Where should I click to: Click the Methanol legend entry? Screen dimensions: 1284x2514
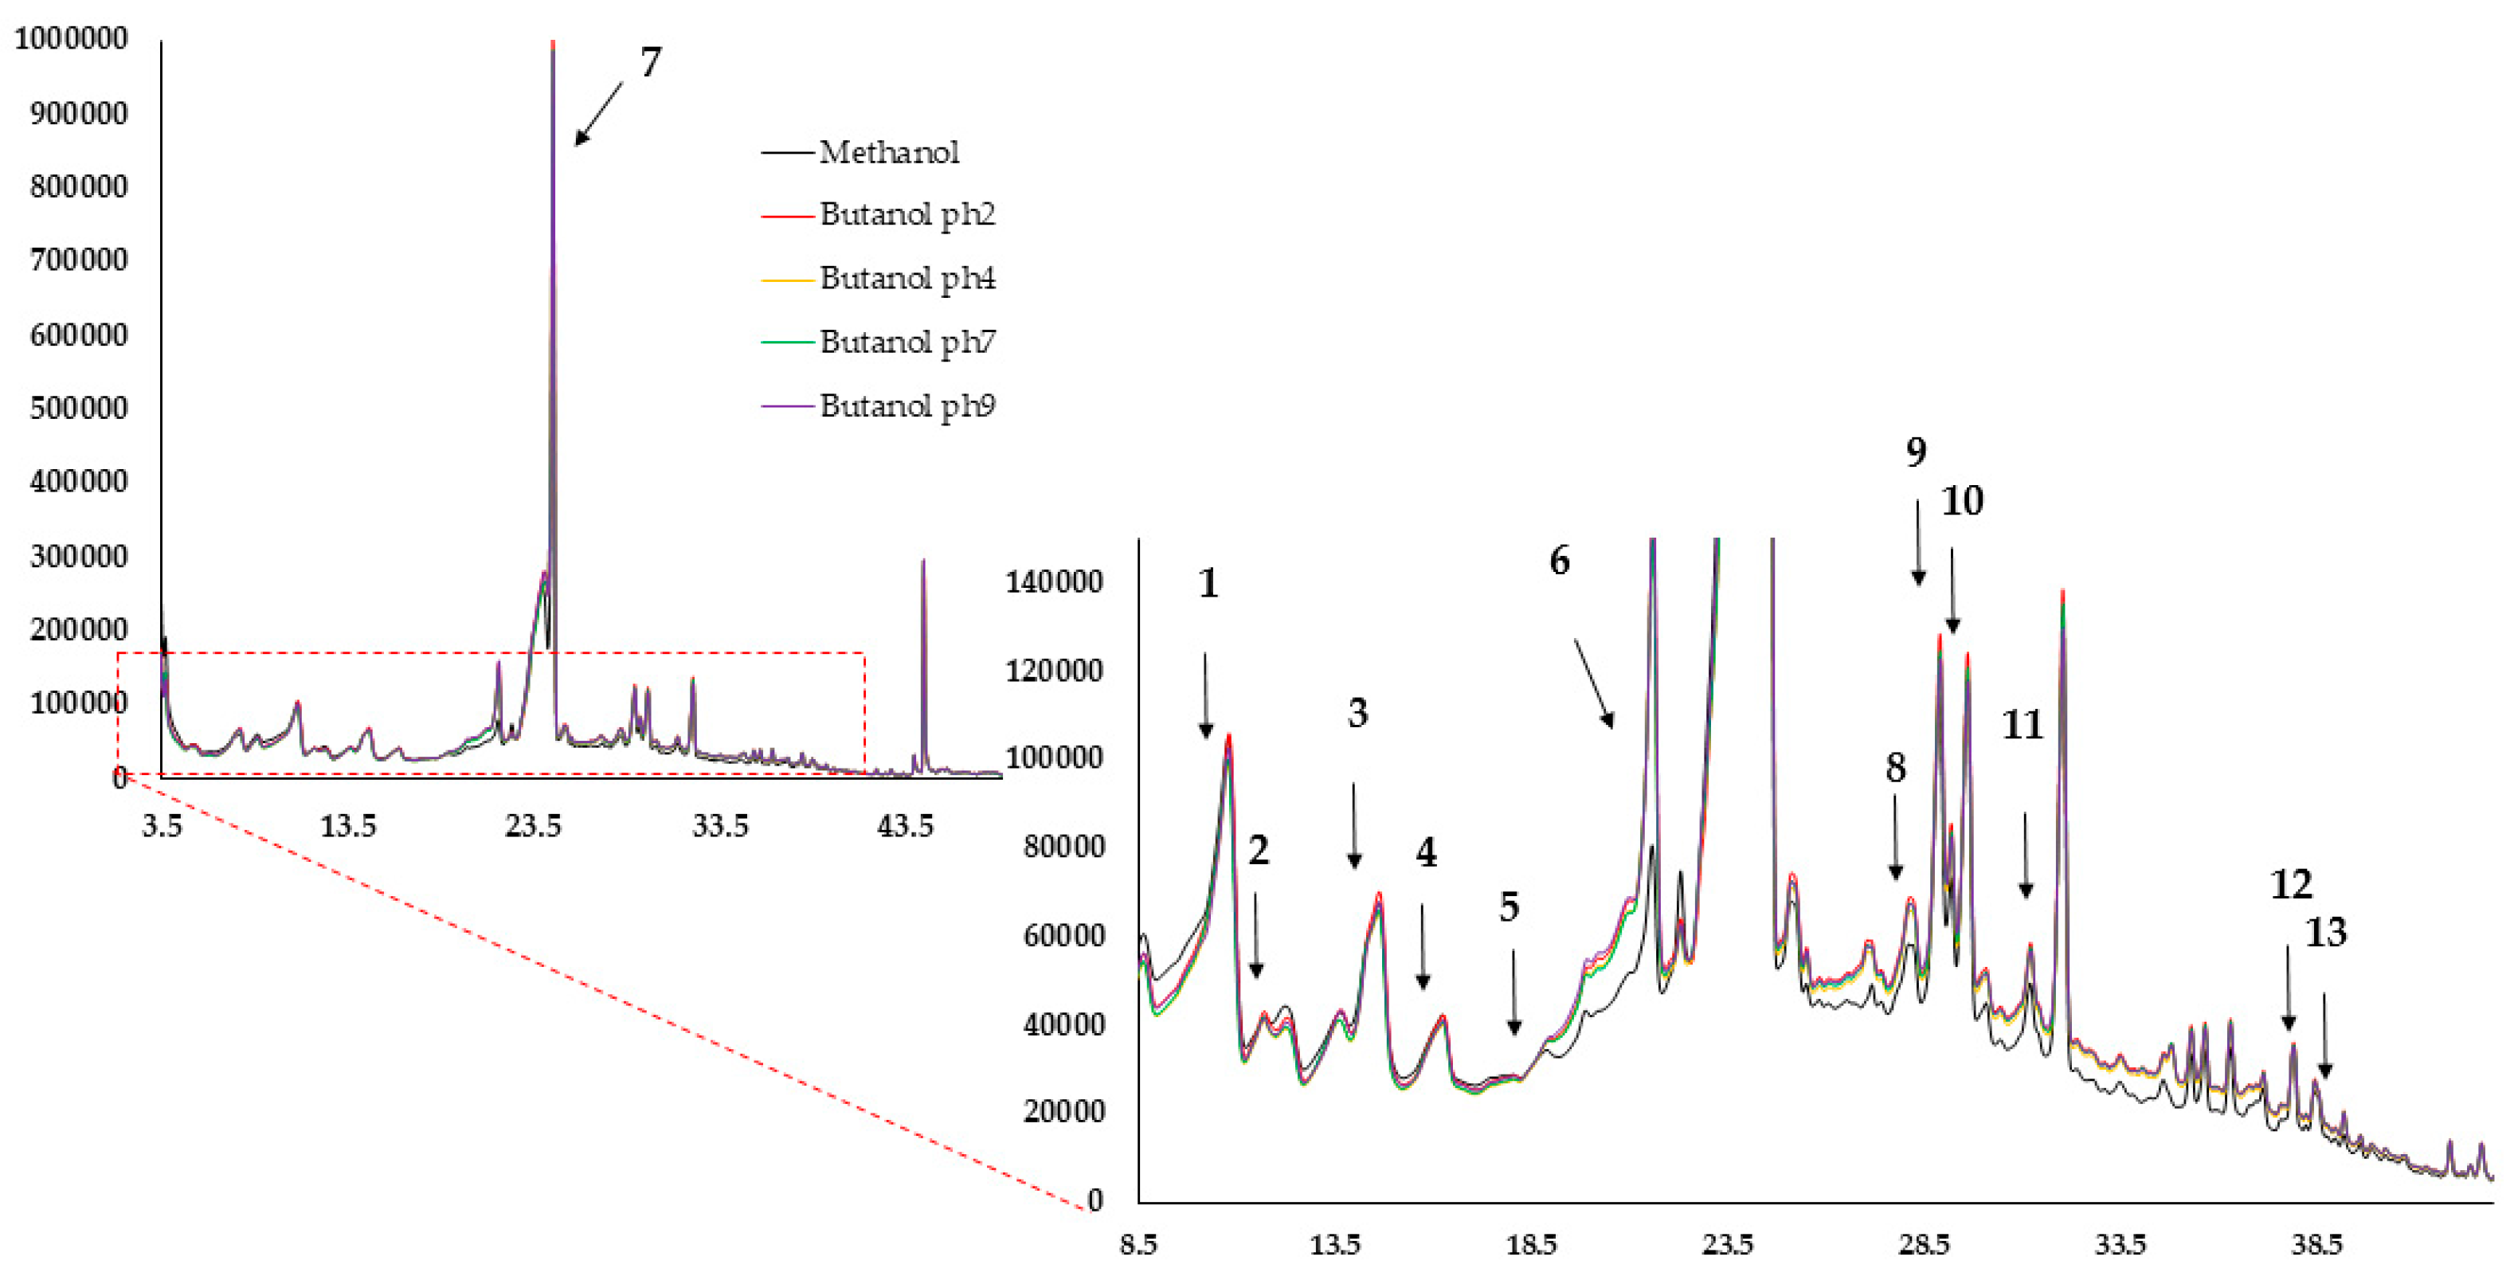coord(888,152)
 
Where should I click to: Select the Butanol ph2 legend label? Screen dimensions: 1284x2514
coord(907,213)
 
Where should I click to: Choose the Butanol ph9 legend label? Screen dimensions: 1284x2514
coord(907,405)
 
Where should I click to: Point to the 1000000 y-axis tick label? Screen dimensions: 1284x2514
coord(71,39)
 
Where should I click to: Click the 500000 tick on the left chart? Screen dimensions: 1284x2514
coord(78,408)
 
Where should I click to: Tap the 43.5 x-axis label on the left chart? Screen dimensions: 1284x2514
coord(905,827)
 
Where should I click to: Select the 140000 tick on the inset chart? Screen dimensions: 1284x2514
coord(1054,581)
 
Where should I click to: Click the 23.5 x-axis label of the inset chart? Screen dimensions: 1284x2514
coord(1728,1245)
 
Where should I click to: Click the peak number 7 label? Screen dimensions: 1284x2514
coord(651,62)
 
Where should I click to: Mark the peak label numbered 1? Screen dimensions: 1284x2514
coord(1208,584)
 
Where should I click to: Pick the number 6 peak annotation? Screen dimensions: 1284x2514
coord(1560,560)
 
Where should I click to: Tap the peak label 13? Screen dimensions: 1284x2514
coord(2326,933)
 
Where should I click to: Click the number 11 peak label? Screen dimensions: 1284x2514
coord(2023,725)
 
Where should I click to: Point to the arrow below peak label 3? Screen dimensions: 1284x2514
coord(1353,825)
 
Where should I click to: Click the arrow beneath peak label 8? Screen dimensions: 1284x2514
coord(1895,837)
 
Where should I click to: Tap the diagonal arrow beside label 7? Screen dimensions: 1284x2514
coord(598,113)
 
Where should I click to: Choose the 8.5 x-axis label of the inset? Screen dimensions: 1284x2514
coord(1138,1245)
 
